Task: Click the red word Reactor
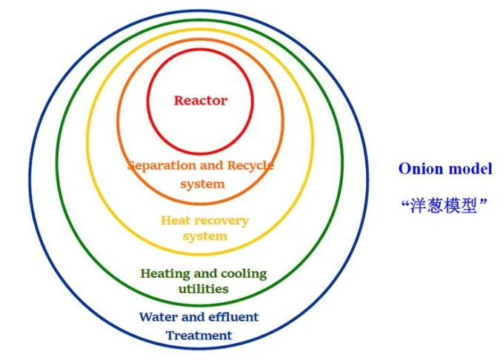click(200, 100)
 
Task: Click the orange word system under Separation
click(201, 184)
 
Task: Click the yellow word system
click(204, 236)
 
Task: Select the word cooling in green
click(242, 273)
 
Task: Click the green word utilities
click(203, 289)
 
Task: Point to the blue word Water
click(158, 317)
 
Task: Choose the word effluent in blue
click(233, 317)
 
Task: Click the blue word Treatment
click(199, 336)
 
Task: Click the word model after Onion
click(470, 169)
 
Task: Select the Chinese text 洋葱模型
click(445, 205)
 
